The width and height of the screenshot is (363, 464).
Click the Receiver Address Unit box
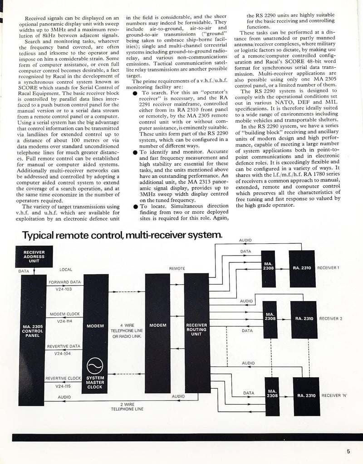tap(34, 256)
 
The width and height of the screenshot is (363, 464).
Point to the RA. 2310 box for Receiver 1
tap(302, 268)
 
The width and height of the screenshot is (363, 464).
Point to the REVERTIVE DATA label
tap(64, 346)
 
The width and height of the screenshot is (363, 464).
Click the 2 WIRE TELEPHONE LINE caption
tap(127, 406)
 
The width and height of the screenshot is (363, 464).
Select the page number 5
tap(348, 451)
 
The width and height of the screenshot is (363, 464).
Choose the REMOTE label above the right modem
tap(177, 269)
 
